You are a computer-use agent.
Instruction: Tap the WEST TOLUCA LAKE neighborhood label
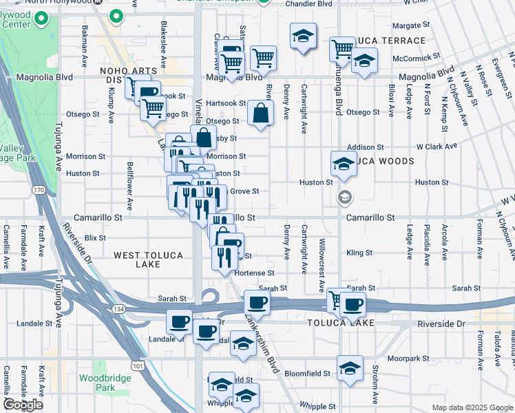pyautogui.click(x=148, y=260)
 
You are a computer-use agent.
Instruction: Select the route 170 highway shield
pyautogui.click(x=38, y=189)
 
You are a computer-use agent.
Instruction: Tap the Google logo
pyautogui.click(x=23, y=405)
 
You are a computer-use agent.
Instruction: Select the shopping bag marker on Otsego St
pyautogui.click(x=261, y=114)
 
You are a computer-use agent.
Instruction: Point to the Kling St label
pyautogui.click(x=359, y=253)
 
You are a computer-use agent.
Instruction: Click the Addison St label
pyautogui.click(x=365, y=147)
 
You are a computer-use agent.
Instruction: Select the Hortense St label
pyautogui.click(x=255, y=273)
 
